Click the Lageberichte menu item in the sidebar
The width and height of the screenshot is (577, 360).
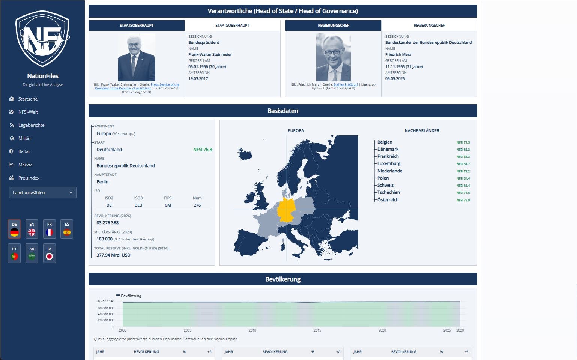point(31,125)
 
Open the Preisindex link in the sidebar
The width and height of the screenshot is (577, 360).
point(29,178)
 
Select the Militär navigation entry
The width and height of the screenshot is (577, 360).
point(25,138)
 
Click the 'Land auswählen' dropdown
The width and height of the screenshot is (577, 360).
point(43,193)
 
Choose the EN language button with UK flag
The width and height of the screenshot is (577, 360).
point(32,229)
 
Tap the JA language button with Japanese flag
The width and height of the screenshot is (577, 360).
point(49,253)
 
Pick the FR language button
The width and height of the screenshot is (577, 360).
point(49,229)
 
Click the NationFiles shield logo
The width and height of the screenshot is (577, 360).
point(42,38)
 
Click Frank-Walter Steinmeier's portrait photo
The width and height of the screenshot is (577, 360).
point(137,57)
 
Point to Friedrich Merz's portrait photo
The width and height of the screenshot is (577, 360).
point(333,57)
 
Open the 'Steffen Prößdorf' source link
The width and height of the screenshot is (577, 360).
point(346,84)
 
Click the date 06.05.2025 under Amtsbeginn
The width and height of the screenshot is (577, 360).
point(395,79)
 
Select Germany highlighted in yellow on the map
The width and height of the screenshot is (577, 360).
point(287,211)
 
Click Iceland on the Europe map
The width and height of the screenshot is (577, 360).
point(245,154)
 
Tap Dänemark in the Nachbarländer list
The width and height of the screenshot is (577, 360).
point(388,149)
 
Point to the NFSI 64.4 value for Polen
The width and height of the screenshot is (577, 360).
point(463,178)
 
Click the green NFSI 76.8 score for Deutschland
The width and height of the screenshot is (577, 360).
point(203,150)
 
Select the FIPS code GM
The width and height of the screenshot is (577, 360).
point(168,205)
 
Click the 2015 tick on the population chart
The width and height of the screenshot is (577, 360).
point(317,330)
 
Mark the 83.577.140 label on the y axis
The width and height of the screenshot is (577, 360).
point(106,301)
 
